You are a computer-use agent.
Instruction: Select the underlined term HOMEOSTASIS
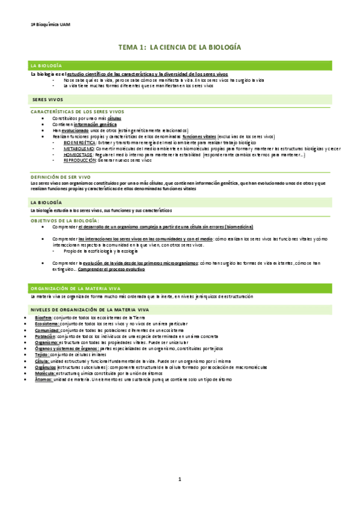pos(78,155)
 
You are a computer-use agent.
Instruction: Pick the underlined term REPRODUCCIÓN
pos(79,161)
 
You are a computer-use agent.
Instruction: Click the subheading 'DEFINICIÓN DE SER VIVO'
pos(60,177)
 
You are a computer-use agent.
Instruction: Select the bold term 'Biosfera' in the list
pos(43,317)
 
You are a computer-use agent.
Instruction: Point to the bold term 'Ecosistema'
pos(46,324)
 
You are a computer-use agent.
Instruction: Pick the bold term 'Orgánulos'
pos(46,367)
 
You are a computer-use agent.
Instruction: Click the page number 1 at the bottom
pos(179,479)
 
